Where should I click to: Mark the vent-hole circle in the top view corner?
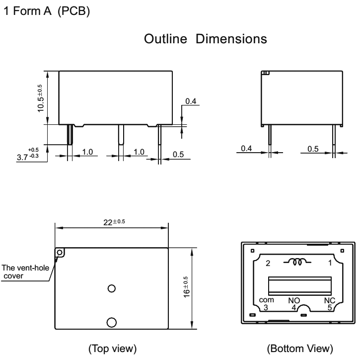pos(61,253)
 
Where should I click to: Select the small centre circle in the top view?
pos(112,288)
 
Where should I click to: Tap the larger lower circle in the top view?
pos(112,321)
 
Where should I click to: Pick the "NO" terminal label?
pos(294,300)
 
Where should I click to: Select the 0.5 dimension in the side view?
pos(313,149)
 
